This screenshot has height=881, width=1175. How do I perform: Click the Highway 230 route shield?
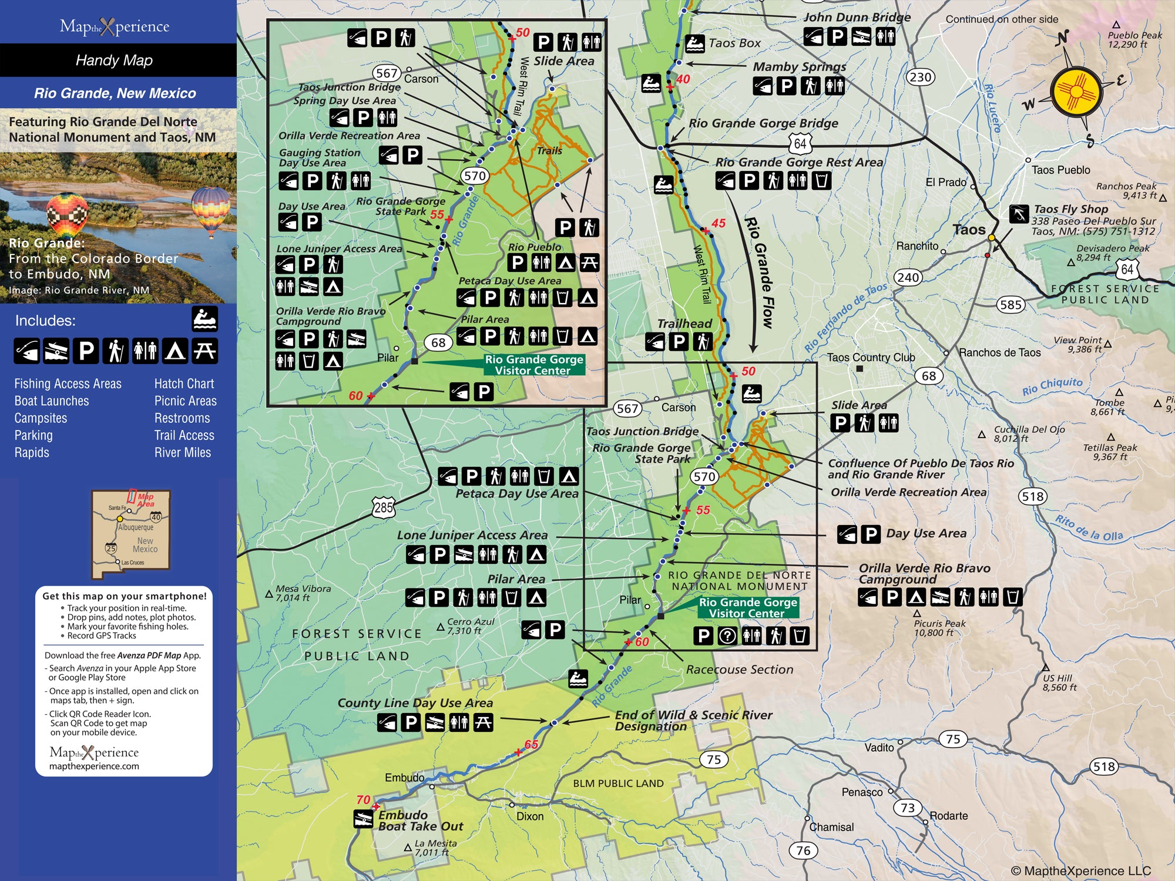click(921, 77)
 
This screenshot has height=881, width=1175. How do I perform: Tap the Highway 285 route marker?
click(383, 507)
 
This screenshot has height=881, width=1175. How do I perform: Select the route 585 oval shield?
click(1010, 304)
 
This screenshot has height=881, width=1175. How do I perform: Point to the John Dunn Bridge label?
click(857, 17)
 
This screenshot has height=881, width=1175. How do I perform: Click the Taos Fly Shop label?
click(1070, 209)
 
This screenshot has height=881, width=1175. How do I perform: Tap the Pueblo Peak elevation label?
click(1134, 39)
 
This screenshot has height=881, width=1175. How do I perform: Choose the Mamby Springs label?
click(799, 67)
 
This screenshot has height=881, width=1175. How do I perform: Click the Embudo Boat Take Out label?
click(420, 821)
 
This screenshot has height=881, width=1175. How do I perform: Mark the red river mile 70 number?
click(363, 799)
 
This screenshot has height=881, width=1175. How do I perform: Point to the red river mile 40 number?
click(683, 79)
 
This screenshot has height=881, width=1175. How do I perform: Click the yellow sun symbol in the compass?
click(1076, 93)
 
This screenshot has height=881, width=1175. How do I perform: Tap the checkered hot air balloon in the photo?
click(67, 214)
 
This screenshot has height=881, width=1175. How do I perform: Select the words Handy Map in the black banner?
click(115, 60)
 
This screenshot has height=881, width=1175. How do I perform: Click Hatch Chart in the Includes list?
click(184, 384)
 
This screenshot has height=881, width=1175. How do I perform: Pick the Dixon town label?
click(530, 816)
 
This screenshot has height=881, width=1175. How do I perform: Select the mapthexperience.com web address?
click(94, 766)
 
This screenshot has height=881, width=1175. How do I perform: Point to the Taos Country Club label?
click(871, 357)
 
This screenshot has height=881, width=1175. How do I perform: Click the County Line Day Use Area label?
click(415, 702)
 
